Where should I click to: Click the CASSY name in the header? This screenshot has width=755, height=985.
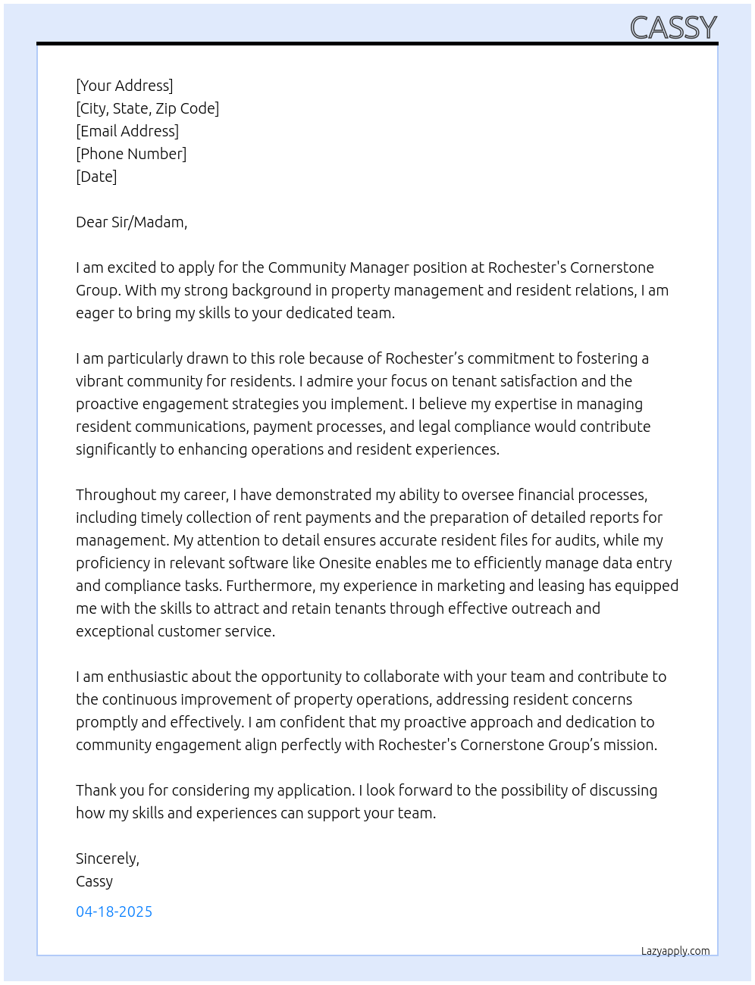click(673, 28)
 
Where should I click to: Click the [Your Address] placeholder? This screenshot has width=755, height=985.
click(124, 86)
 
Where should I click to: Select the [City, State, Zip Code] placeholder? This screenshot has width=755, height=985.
click(147, 108)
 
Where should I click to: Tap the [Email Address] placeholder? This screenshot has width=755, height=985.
click(127, 131)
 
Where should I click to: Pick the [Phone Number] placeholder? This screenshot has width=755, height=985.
click(131, 154)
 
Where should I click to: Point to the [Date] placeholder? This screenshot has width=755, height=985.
click(96, 177)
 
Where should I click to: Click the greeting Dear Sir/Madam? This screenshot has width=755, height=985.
click(131, 222)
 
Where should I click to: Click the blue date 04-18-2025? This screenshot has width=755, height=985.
click(114, 912)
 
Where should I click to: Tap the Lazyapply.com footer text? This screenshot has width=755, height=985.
click(675, 951)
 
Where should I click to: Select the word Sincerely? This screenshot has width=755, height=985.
click(108, 858)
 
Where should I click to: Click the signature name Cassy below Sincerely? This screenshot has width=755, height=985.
click(94, 881)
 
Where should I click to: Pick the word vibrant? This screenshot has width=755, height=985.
click(99, 381)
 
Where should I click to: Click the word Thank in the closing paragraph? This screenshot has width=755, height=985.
click(96, 790)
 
